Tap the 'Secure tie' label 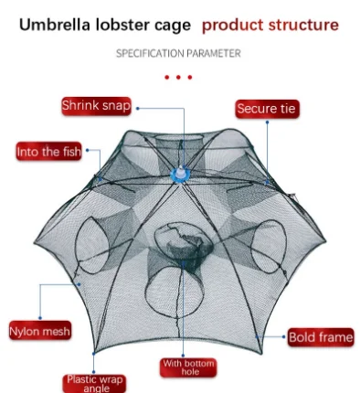coord(267,110)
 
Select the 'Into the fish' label coord(48,152)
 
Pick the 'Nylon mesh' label coord(39,330)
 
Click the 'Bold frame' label coord(320,337)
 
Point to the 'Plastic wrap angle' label coord(93,383)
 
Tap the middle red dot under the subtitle coord(178,78)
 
